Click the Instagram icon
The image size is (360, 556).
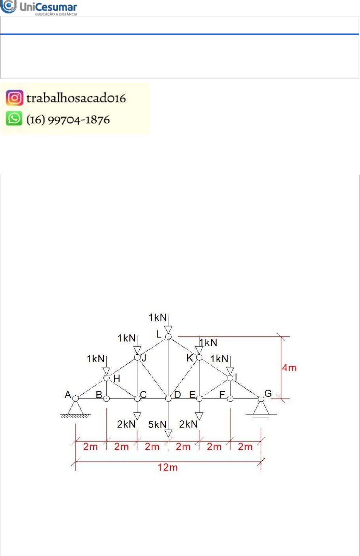(x=14, y=98)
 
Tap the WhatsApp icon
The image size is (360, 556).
(x=14, y=119)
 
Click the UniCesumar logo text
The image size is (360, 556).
(x=48, y=7)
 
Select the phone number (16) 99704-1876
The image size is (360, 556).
(x=68, y=120)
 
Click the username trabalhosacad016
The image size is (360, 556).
(x=76, y=98)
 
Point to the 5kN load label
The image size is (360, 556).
(x=157, y=424)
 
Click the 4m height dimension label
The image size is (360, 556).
(x=289, y=368)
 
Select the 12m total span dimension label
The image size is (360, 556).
(x=167, y=467)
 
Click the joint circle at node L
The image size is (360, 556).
(x=168, y=337)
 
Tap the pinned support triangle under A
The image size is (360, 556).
(x=75, y=407)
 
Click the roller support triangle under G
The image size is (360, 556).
(x=261, y=407)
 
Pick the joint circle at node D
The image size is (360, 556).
(x=168, y=399)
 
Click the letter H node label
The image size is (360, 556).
(x=117, y=378)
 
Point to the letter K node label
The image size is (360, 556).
(x=190, y=358)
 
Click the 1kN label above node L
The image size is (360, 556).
(x=157, y=317)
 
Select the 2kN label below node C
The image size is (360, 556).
(x=126, y=424)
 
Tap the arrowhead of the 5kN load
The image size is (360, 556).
(x=168, y=434)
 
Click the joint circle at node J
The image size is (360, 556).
(x=137, y=357)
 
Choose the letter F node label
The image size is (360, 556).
(x=222, y=395)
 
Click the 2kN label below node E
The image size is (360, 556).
(x=188, y=424)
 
